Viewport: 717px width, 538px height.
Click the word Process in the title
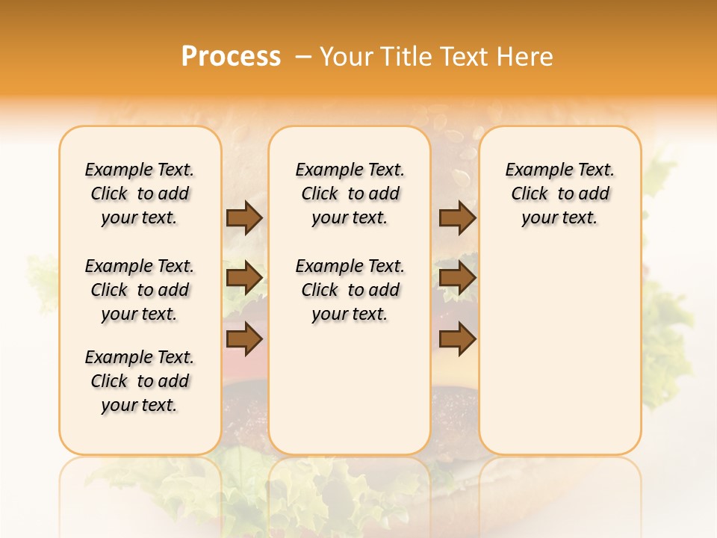click(231, 56)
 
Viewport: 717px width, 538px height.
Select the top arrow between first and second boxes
click(244, 217)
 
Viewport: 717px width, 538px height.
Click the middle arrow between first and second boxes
click(244, 279)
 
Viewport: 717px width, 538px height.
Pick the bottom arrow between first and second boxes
click(244, 339)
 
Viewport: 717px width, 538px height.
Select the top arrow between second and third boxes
click(457, 217)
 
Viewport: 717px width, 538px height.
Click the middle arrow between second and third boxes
click(457, 279)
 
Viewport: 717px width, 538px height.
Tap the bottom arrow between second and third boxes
click(457, 339)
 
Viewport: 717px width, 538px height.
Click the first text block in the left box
click(140, 194)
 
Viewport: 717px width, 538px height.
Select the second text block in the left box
click(140, 290)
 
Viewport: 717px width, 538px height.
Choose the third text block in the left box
click(140, 381)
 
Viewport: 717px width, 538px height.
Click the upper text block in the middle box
click(350, 194)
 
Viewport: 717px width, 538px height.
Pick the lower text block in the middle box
click(350, 290)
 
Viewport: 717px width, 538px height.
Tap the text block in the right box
click(559, 194)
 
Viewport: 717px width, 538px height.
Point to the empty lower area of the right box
click(559, 344)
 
